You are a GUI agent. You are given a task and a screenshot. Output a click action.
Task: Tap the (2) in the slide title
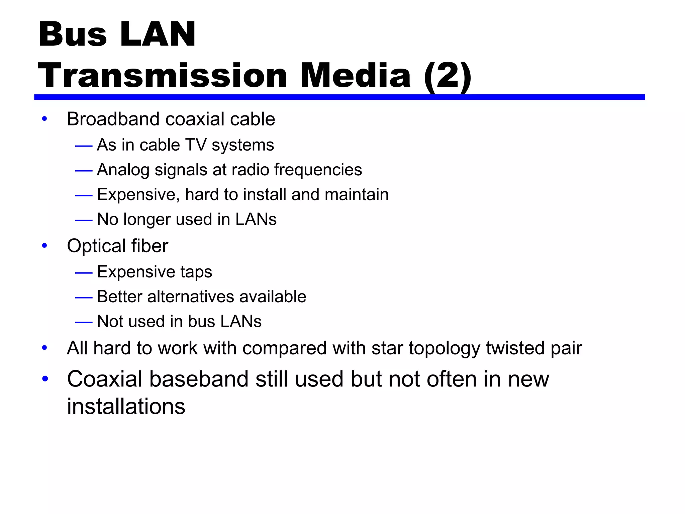(447, 76)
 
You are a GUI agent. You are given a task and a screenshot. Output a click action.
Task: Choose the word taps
(196, 272)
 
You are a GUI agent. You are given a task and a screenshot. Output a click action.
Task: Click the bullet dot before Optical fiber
(44, 246)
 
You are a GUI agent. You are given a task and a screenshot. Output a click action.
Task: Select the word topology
(444, 348)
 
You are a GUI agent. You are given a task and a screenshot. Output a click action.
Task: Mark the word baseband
(199, 379)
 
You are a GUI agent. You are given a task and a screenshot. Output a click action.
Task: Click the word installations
(126, 407)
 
